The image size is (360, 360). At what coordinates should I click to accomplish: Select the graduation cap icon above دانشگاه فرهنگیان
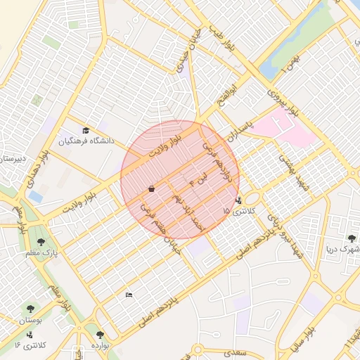pyautogui.click(x=86, y=130)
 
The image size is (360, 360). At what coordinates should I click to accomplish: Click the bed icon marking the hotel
pyautogui.click(x=128, y=295)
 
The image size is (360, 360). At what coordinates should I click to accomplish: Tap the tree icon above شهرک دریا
pyautogui.click(x=352, y=238)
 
